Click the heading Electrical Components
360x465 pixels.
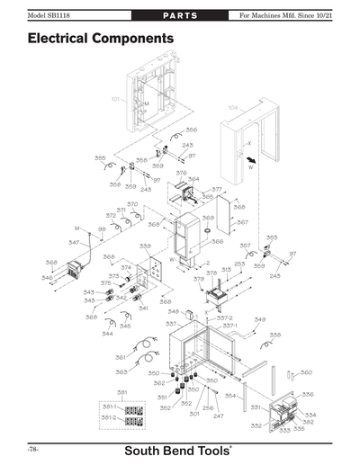pyautogui.click(x=100, y=40)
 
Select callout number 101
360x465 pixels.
pyautogui.click(x=116, y=98)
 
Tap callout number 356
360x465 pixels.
pyautogui.click(x=191, y=130)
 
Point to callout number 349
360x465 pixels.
pyautogui.click(x=259, y=319)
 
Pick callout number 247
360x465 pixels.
pyautogui.click(x=218, y=416)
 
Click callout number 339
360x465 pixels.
pyautogui.click(x=144, y=246)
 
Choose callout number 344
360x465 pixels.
pyautogui.click(x=107, y=334)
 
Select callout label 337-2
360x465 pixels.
pyautogui.click(x=225, y=317)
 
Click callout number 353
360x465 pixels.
pyautogui.click(x=272, y=238)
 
